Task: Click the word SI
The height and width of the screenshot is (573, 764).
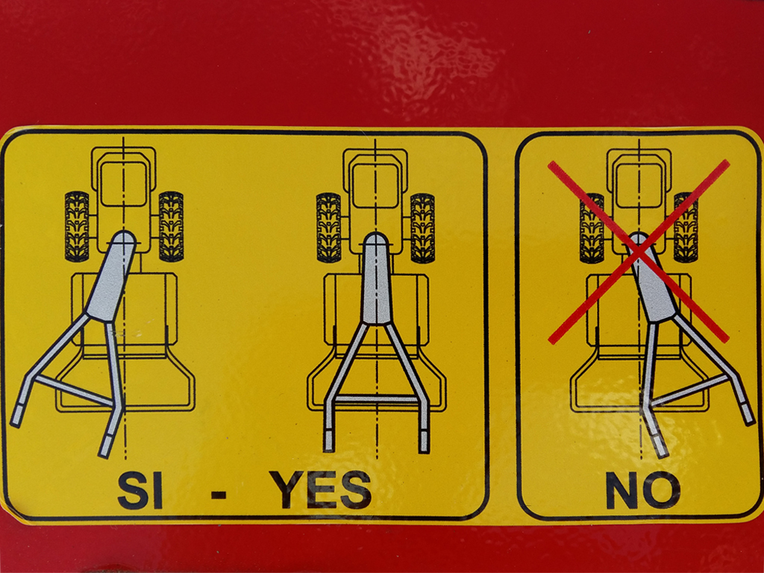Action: point(140,489)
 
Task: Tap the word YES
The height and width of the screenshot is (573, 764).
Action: point(321,489)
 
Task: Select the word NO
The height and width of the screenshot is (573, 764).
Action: point(643,490)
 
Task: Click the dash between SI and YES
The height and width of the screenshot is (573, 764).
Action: point(219,495)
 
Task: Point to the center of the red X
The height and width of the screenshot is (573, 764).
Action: point(639,252)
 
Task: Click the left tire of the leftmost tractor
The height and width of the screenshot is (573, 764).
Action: point(77,226)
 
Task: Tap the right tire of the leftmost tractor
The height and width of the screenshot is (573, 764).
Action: point(171,226)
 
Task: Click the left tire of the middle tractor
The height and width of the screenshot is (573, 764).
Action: point(329,228)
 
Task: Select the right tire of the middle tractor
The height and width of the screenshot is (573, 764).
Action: point(422,228)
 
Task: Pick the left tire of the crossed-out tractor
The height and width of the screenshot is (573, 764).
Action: point(592,228)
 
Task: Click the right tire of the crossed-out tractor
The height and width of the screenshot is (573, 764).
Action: point(686,228)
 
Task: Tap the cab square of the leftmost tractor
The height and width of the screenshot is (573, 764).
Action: point(124,184)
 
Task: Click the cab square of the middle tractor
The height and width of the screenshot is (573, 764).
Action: point(375,186)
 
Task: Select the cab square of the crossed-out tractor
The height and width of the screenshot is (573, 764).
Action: point(639,186)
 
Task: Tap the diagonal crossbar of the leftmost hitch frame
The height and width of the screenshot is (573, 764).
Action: point(74,389)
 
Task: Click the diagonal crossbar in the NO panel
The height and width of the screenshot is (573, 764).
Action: point(689,390)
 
